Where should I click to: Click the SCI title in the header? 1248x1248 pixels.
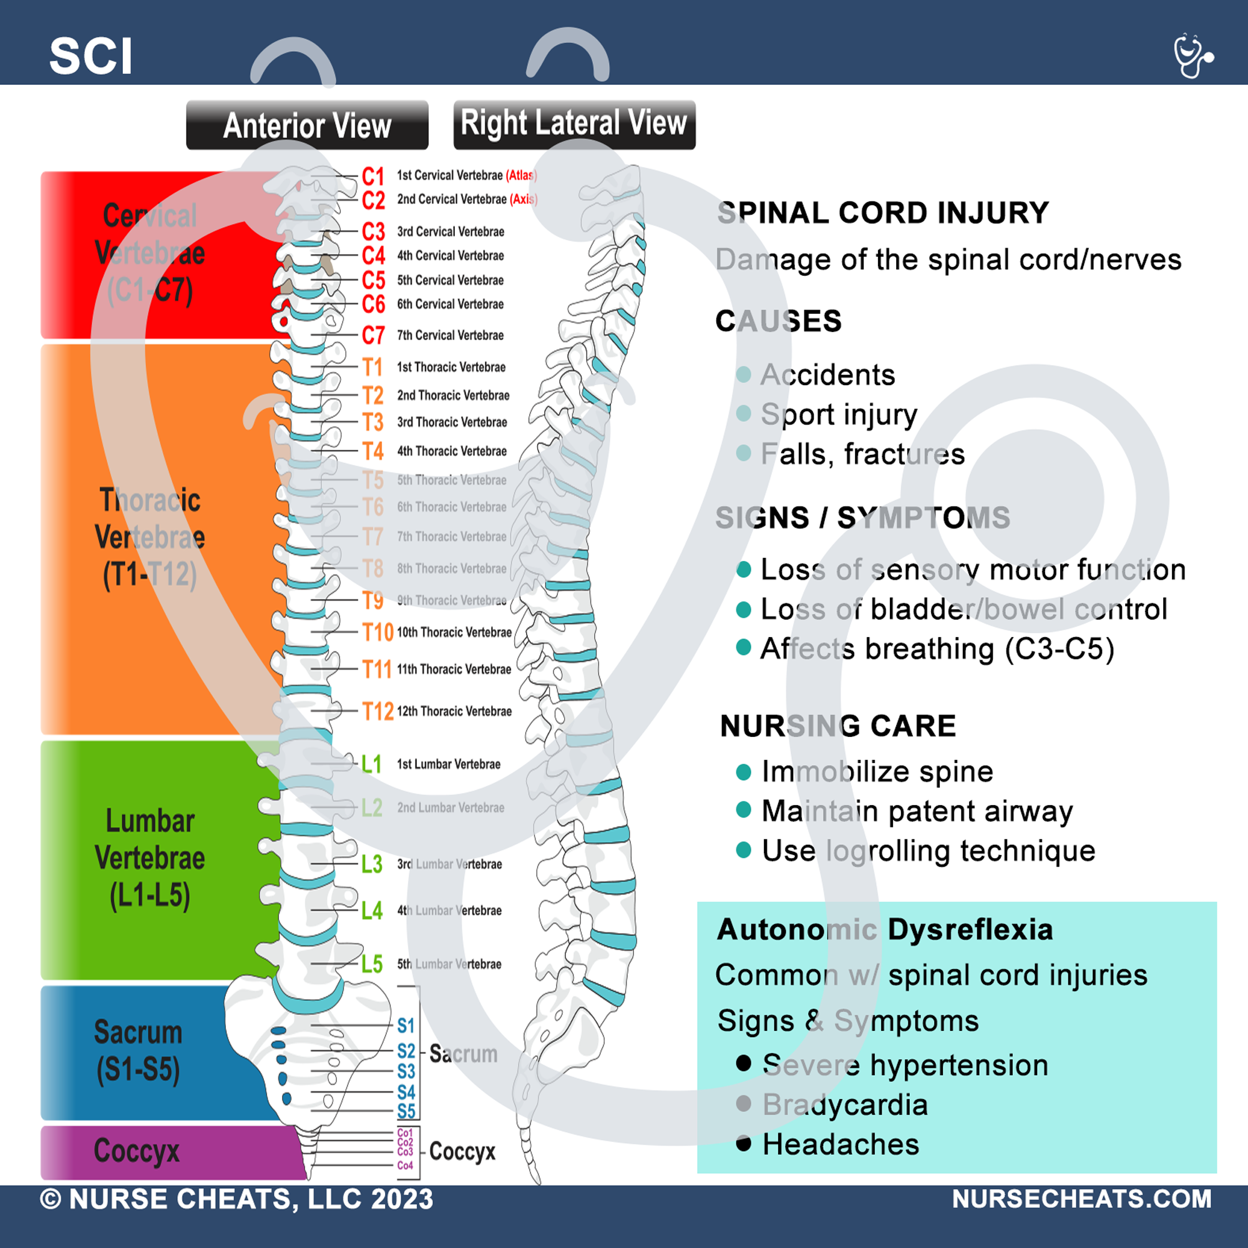(91, 56)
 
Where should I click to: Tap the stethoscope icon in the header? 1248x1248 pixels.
(1192, 56)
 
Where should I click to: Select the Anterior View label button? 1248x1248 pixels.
(307, 125)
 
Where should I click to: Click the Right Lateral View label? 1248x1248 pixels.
(573, 124)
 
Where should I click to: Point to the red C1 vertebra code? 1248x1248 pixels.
(373, 176)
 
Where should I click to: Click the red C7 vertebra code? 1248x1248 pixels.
(373, 335)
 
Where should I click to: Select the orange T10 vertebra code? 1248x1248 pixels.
(378, 631)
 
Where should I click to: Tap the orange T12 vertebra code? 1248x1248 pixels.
(378, 711)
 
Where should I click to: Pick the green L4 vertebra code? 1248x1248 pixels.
(371, 911)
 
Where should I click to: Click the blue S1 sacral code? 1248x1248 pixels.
(406, 1026)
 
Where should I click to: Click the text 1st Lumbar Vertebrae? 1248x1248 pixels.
(448, 764)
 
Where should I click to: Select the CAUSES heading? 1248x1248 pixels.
(778, 321)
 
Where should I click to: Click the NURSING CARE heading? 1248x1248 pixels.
(838, 726)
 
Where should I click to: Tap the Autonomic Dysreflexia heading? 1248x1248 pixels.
(884, 930)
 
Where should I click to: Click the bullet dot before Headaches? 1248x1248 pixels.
(744, 1144)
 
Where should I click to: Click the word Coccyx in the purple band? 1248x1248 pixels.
(136, 1151)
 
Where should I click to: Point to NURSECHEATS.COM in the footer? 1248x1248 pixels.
(1081, 1199)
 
